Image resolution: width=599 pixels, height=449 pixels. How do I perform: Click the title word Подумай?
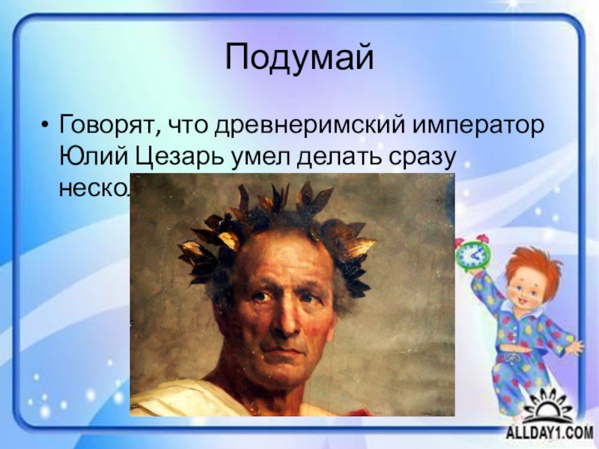click(x=299, y=58)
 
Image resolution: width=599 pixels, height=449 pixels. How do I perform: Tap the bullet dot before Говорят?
click(x=46, y=123)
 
